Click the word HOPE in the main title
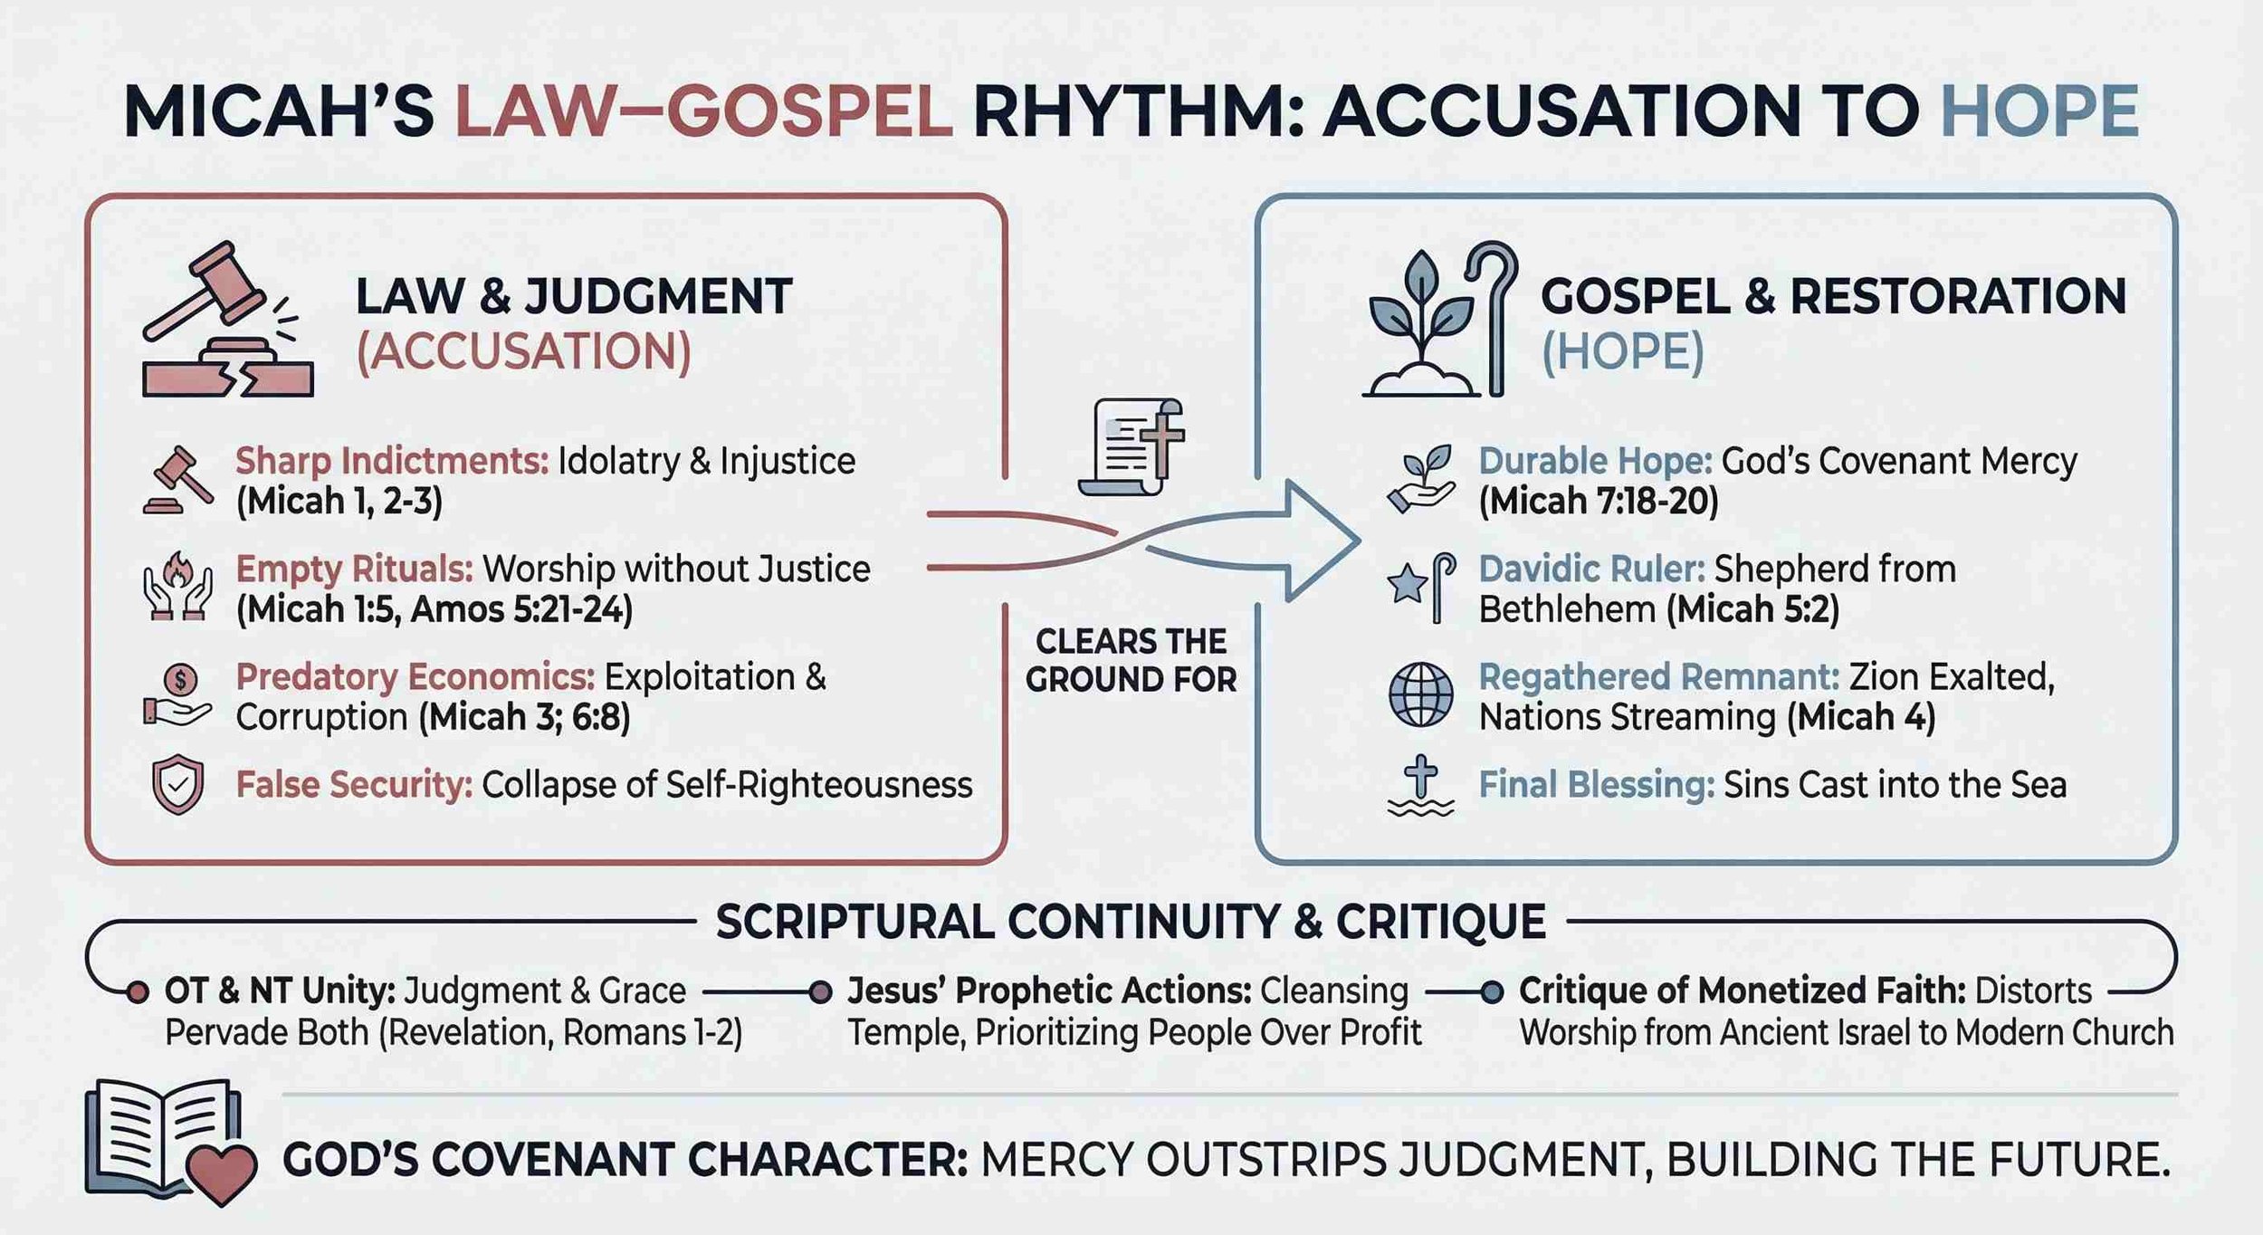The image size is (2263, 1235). point(2040,112)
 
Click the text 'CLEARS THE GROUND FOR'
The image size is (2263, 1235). point(1131,660)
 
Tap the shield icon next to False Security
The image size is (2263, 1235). point(177,784)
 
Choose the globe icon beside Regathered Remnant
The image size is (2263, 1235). point(1420,695)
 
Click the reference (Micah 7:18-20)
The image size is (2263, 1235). point(1598,501)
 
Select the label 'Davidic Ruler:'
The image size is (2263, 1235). point(1591,570)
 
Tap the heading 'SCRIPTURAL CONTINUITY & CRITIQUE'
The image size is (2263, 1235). point(1131,923)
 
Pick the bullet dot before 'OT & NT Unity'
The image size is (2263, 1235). point(138,992)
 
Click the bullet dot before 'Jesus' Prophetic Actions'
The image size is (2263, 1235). point(820,992)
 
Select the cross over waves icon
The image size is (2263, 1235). point(1420,786)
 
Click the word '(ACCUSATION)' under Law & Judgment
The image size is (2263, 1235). point(523,352)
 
